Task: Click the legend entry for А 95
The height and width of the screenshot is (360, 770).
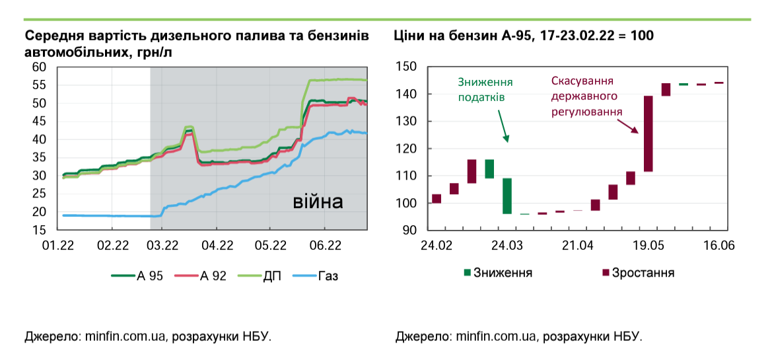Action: (137, 276)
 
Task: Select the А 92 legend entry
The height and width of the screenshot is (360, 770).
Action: (200, 276)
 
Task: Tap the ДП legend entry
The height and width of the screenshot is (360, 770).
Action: (260, 276)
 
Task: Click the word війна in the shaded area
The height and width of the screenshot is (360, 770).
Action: (318, 201)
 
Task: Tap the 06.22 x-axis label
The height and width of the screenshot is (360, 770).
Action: (325, 246)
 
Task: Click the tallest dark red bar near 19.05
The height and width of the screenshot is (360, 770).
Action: (648, 133)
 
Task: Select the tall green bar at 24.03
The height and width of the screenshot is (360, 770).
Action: (507, 196)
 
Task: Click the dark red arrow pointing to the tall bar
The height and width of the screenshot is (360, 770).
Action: (632, 126)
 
